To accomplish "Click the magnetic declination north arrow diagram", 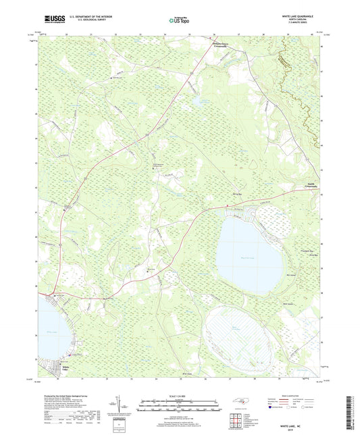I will point(120,407).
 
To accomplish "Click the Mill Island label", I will point(291,275).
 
